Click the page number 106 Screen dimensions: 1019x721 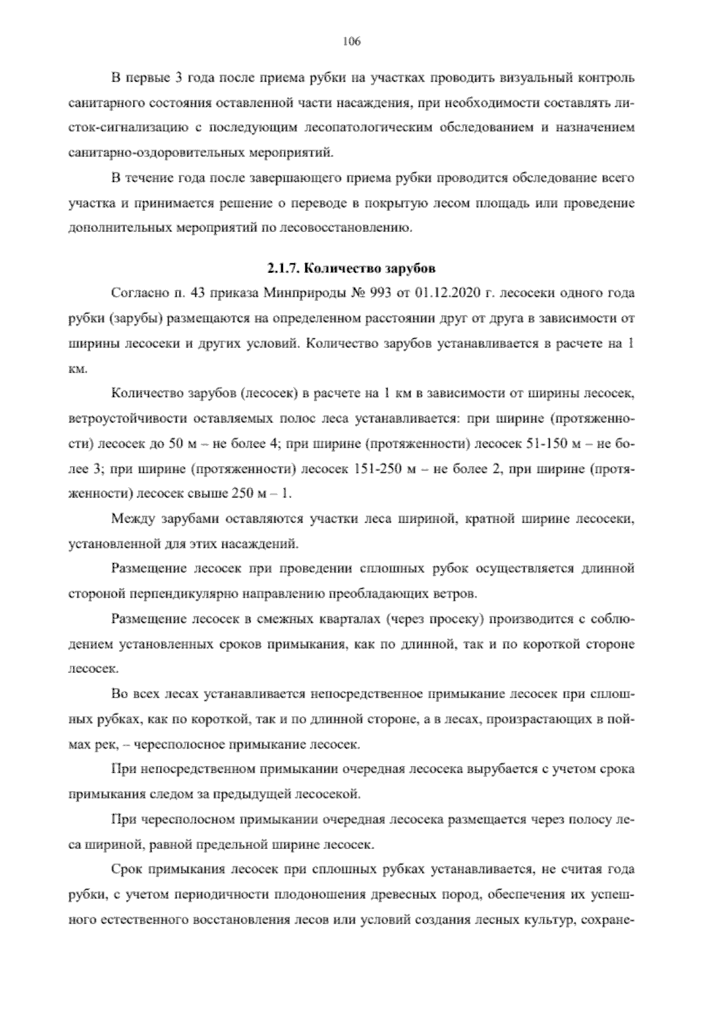[351, 41]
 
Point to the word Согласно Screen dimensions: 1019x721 [136, 294]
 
